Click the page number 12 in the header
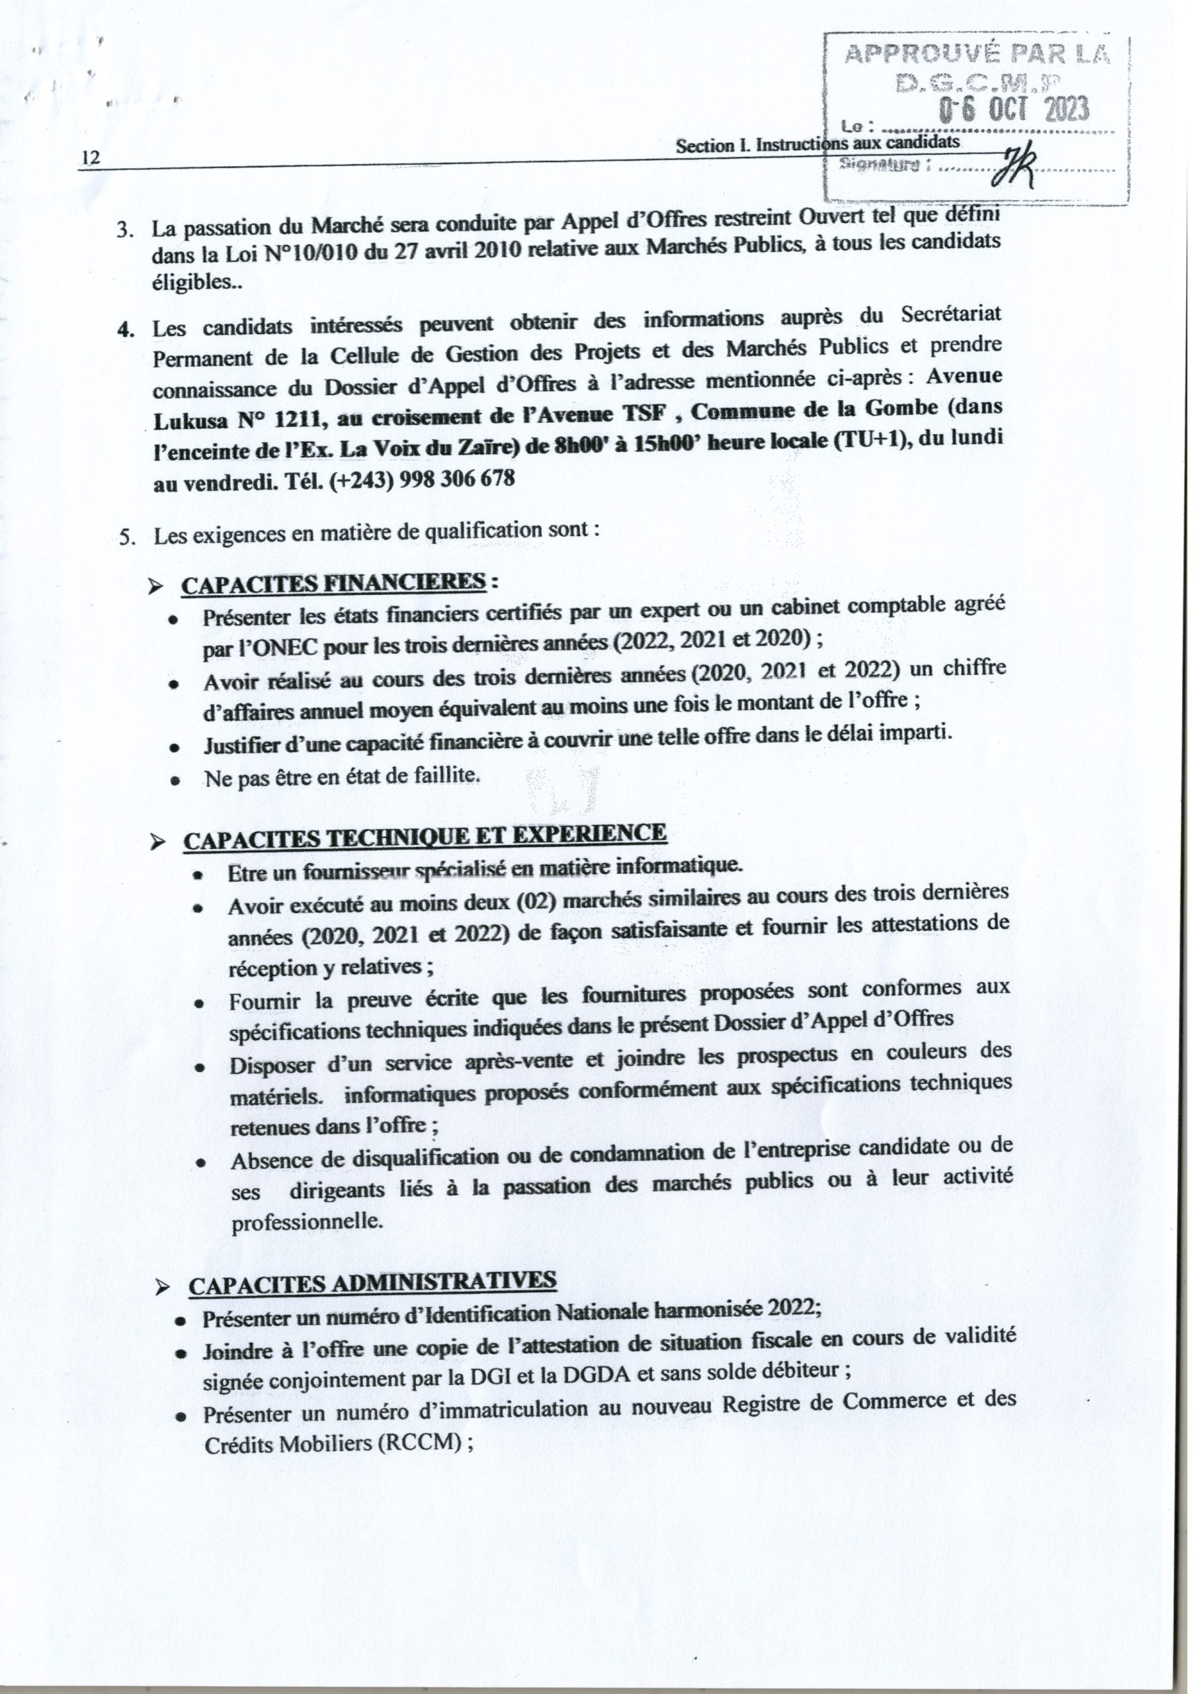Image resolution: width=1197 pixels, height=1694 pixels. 91,158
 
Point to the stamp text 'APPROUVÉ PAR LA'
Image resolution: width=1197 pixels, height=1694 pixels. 977,53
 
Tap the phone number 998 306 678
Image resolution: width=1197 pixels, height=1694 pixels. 456,478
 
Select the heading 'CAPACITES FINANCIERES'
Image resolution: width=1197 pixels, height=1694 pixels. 333,582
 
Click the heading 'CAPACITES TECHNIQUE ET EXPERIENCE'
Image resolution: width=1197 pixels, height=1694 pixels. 424,836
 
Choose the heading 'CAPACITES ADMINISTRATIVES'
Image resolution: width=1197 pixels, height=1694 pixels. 372,1282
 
